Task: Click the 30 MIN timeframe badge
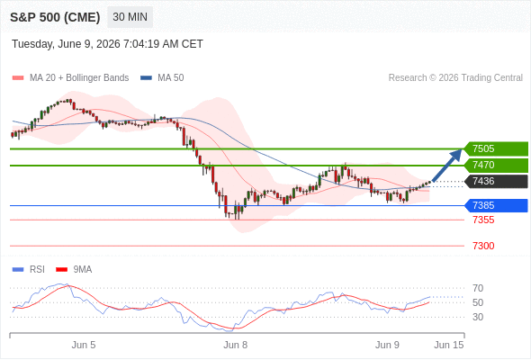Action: (130, 17)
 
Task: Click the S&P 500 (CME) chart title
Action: (55, 17)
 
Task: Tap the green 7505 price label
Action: (496, 148)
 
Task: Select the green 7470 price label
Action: (496, 165)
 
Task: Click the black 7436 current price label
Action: (496, 181)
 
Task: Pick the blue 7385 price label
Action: (496, 205)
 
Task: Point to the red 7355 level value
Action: (483, 220)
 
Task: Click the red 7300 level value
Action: (483, 246)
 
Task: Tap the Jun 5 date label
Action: (84, 345)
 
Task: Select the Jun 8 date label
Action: (236, 345)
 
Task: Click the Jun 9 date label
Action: (387, 345)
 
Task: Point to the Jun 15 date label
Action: (449, 345)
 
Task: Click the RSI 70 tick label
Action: (478, 288)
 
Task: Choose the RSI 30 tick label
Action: (478, 317)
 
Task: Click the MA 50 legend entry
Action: (162, 78)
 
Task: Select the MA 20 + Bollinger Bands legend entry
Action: (70, 78)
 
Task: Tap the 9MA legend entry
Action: (74, 270)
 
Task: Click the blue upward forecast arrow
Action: (447, 166)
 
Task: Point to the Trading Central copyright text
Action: (455, 78)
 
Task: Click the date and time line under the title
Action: (107, 44)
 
